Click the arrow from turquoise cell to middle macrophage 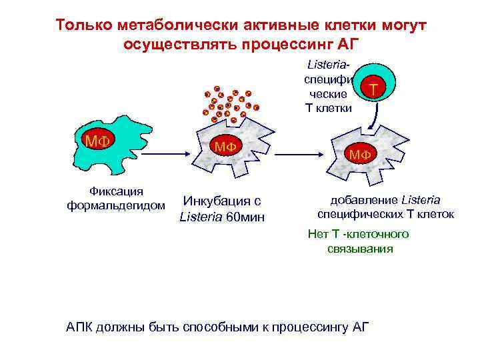click(161, 154)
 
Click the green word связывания click(360, 249)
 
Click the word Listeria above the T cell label click(328, 67)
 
